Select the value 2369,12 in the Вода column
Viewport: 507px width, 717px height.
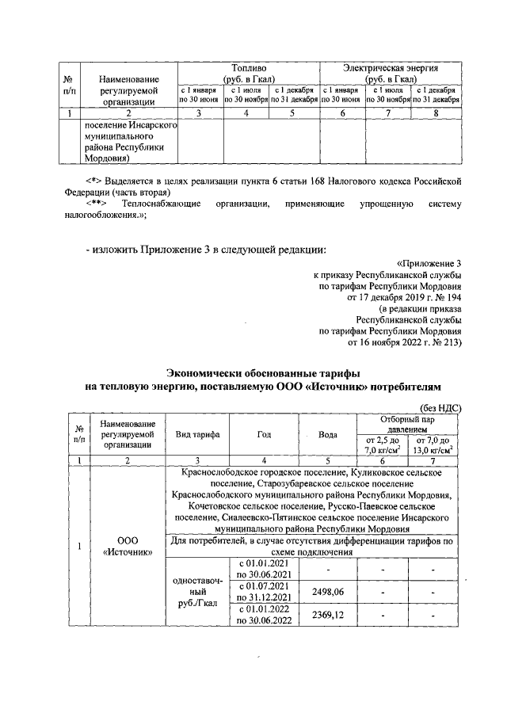tap(332, 614)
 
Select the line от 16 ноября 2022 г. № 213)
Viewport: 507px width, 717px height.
tap(404, 341)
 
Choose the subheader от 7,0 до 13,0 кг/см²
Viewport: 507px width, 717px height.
tap(433, 445)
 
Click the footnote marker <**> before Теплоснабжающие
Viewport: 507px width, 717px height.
tap(97, 204)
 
